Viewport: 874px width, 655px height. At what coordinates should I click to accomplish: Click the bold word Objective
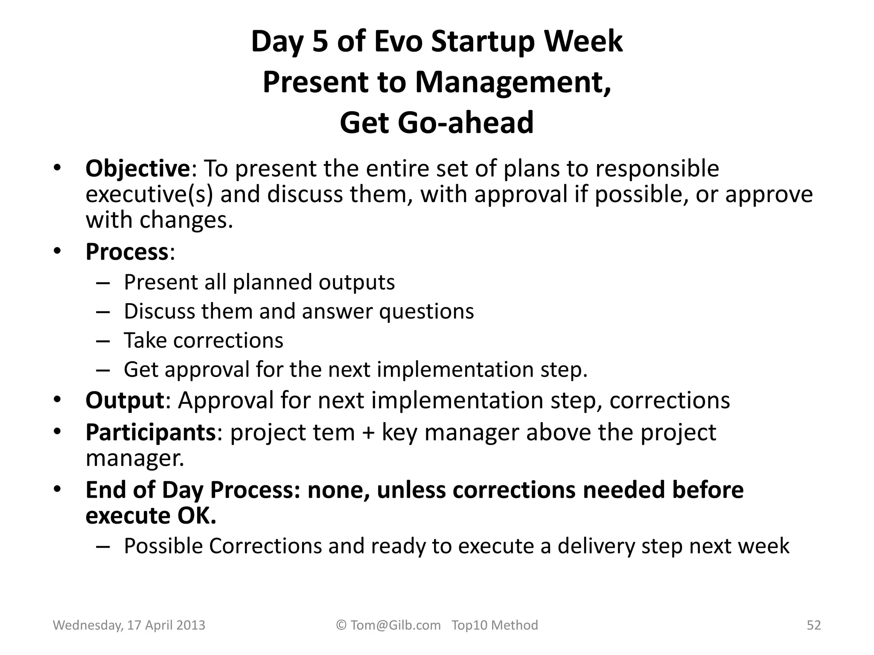coord(137,169)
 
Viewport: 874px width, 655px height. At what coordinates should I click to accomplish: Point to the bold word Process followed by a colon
coord(127,252)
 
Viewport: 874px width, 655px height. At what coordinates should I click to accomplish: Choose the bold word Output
coord(125,400)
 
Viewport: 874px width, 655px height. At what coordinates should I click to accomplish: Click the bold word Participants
coord(151,432)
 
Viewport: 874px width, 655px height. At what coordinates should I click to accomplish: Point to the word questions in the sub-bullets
coord(426,311)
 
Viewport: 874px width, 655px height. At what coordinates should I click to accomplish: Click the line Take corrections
coord(203,341)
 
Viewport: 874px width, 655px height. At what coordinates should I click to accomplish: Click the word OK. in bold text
coord(196,516)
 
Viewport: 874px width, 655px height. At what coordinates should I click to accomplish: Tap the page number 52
coord(813,625)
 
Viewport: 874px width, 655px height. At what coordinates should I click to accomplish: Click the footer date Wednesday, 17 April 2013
coord(129,625)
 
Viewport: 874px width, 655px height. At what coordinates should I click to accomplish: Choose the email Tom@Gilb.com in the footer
coord(395,625)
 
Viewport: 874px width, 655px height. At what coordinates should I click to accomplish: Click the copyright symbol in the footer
coord(341,625)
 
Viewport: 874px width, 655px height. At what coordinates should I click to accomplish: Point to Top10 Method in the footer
coord(495,625)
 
